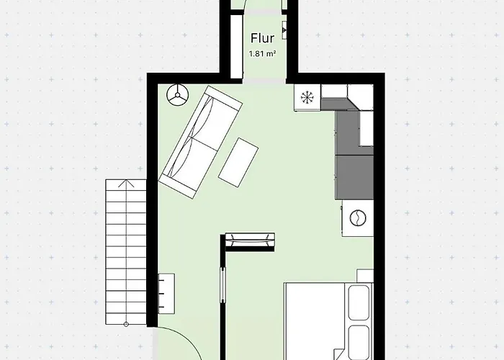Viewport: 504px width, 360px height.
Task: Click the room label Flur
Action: click(x=262, y=38)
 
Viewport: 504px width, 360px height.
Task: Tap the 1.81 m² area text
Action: click(x=262, y=54)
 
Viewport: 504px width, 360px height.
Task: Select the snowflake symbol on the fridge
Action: click(x=307, y=97)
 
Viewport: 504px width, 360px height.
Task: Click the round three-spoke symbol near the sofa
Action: click(x=177, y=95)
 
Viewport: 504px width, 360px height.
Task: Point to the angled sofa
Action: click(x=201, y=142)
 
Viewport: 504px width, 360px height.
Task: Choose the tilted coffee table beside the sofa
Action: click(x=238, y=162)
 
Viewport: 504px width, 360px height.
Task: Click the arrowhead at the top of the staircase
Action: click(x=126, y=184)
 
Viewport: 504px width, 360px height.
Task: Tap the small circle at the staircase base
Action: click(x=126, y=324)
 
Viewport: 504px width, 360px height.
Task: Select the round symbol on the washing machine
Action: click(x=358, y=218)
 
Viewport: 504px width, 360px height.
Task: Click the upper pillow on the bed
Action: click(x=359, y=302)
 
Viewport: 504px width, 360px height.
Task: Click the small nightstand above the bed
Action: click(x=365, y=276)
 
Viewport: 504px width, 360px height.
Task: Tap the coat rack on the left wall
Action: click(x=166, y=294)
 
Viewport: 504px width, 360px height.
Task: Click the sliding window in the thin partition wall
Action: click(x=222, y=285)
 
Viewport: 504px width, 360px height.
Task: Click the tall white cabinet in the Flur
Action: click(x=236, y=46)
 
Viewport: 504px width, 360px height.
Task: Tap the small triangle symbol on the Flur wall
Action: click(x=284, y=30)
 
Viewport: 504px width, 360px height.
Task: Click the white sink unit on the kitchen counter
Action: click(x=366, y=129)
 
